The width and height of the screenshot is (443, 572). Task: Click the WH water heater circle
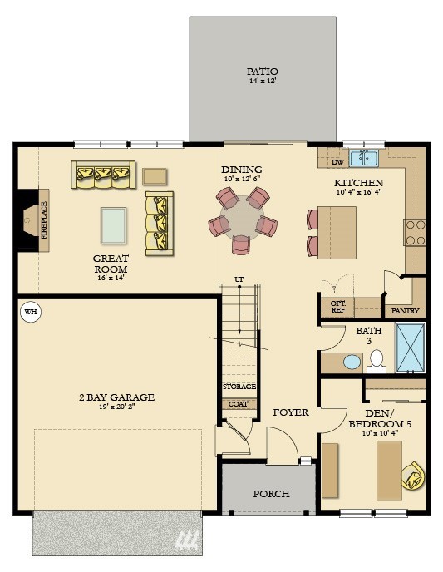[31, 312]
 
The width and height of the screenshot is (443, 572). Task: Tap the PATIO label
[262, 71]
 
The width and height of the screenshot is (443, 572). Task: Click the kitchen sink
[364, 158]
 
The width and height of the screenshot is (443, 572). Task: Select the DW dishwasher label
[337, 162]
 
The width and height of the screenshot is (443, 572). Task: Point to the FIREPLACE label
[44, 220]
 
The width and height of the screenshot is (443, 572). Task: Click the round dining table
[242, 218]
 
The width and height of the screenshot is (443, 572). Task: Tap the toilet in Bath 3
[377, 361]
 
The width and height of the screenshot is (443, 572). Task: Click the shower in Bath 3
[411, 348]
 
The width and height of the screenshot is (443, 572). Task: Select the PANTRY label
[405, 311]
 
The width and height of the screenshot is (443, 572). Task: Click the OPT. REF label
[337, 307]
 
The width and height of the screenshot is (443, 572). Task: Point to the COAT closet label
[238, 404]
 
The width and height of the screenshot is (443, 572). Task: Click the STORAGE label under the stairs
[239, 386]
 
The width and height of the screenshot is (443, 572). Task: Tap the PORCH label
[271, 494]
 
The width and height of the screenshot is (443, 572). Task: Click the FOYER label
[291, 412]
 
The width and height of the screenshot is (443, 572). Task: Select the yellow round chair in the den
[413, 476]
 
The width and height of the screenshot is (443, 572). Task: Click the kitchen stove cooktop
[415, 233]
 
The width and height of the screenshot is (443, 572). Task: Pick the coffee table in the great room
[113, 225]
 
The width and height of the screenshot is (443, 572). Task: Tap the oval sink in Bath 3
[352, 362]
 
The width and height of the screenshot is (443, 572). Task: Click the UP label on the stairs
[239, 279]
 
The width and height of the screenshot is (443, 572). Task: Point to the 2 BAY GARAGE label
[116, 397]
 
